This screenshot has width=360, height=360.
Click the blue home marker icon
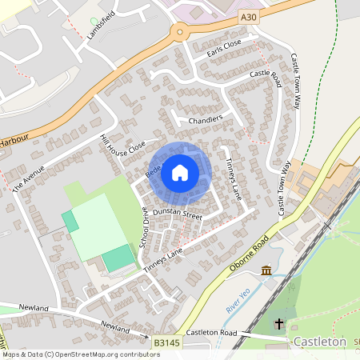click(x=180, y=171)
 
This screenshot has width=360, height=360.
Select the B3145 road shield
click(x=166, y=342)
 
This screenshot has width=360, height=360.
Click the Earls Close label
click(x=224, y=47)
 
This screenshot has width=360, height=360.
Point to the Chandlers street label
click(x=205, y=120)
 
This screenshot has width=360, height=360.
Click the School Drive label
click(x=145, y=227)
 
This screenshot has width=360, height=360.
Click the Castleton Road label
click(x=213, y=331)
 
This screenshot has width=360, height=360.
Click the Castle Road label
click(x=266, y=74)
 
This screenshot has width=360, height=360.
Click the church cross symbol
click(x=279, y=324)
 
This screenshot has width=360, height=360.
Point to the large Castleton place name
click(x=320, y=342)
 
